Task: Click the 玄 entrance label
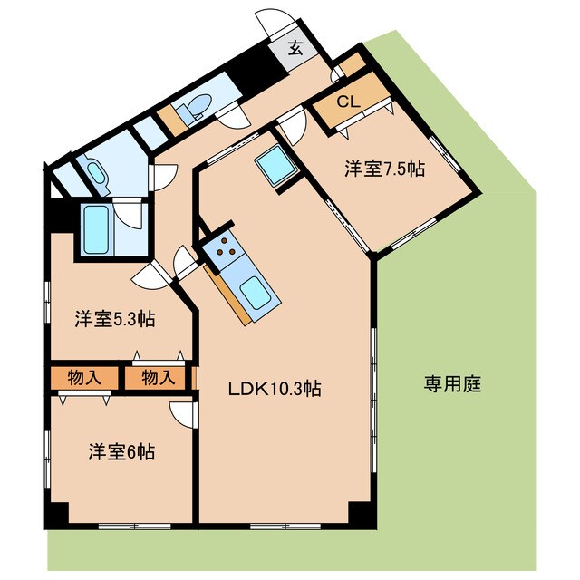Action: point(295,49)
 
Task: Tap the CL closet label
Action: point(348,102)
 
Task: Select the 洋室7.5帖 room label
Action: point(384,168)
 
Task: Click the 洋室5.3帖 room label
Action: point(114,319)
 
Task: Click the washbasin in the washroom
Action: point(95,171)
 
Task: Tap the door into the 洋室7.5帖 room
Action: point(292,126)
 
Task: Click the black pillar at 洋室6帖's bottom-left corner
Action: point(56,514)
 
